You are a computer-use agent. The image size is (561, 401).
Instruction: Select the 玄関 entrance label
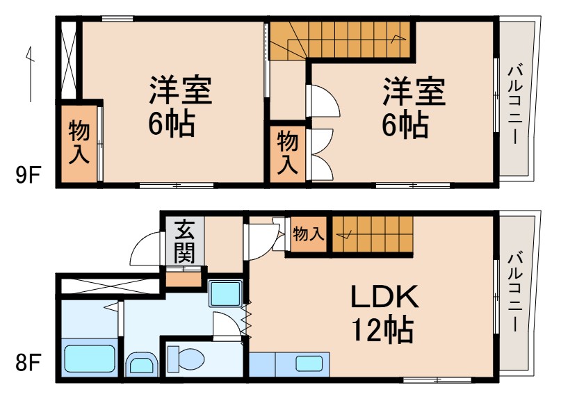point(184,240)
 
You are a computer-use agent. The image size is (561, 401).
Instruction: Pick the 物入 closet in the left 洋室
point(79,143)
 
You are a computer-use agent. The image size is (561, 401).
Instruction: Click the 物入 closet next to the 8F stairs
point(308,234)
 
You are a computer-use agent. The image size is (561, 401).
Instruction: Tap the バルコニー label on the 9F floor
point(516,104)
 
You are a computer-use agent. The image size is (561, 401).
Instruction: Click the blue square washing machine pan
point(225,295)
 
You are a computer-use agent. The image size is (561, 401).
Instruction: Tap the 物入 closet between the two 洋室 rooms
point(288,154)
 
